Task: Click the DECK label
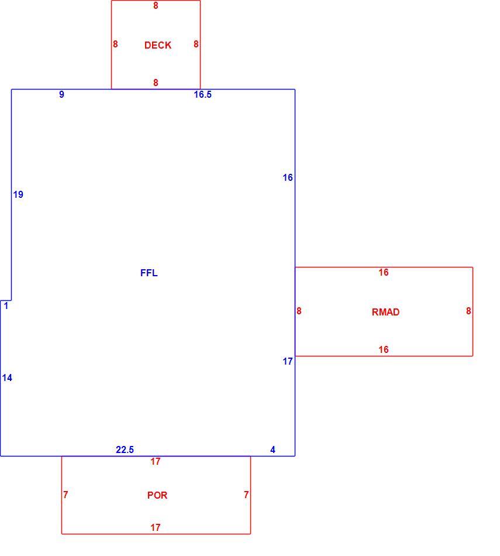158,45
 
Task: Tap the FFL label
149,273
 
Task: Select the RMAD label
385,312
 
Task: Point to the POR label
157,495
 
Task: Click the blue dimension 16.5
203,94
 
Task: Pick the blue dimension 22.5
125,449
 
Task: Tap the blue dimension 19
18,194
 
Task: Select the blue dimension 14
7,377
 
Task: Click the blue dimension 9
61,94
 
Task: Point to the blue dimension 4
273,449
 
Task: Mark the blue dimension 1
6,306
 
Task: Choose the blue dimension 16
288,177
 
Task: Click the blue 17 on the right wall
288,361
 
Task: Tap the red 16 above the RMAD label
384,272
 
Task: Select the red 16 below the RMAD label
384,349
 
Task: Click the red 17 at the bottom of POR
155,528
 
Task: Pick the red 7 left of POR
65,495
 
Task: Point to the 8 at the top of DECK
156,5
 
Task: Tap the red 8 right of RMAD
468,311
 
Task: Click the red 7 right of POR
246,495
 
